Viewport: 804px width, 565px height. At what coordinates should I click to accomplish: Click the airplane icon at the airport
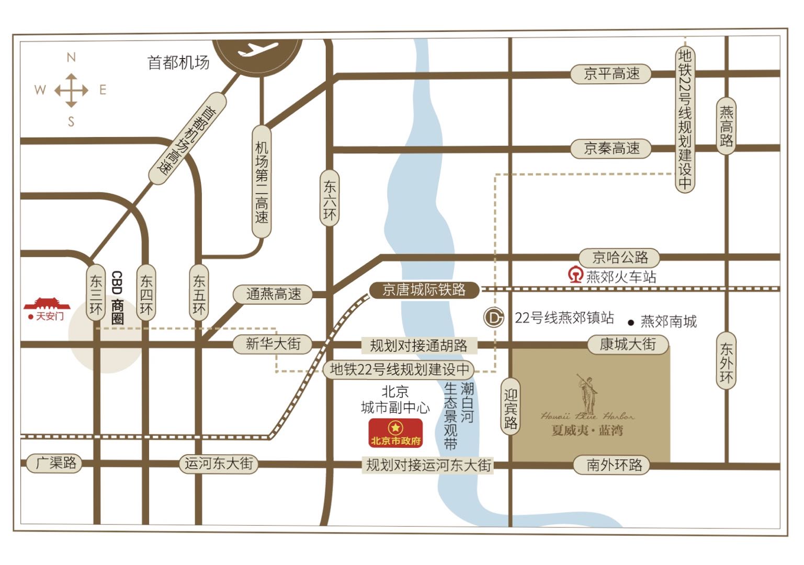pos(257,50)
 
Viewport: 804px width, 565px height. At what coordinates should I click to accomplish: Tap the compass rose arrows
pos(71,90)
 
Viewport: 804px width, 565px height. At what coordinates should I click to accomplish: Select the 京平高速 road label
pos(611,74)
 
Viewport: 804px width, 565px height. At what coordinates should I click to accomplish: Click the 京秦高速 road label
pos(611,149)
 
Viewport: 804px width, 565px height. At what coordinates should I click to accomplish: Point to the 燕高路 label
pos(726,126)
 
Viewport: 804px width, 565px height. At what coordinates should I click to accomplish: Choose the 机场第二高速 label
pos(262,182)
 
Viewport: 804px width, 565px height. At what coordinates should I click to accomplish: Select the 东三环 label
pos(96,295)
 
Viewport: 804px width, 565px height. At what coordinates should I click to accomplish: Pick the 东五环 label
pos(199,295)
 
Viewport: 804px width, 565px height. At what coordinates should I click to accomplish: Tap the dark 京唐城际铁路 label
pos(424,290)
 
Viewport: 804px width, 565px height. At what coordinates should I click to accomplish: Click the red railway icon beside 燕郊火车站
pos(575,275)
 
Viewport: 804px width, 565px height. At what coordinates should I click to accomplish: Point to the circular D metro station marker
pos(493,317)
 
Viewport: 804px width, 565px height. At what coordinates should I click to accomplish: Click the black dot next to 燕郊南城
pos(631,323)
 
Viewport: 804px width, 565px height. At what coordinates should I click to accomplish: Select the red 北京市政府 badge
pos(395,433)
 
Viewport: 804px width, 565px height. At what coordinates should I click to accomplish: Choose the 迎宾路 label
pos(511,409)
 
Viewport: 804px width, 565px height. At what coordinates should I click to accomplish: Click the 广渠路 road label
pos(54,463)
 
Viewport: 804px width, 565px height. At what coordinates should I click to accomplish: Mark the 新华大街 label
pos(273,344)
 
